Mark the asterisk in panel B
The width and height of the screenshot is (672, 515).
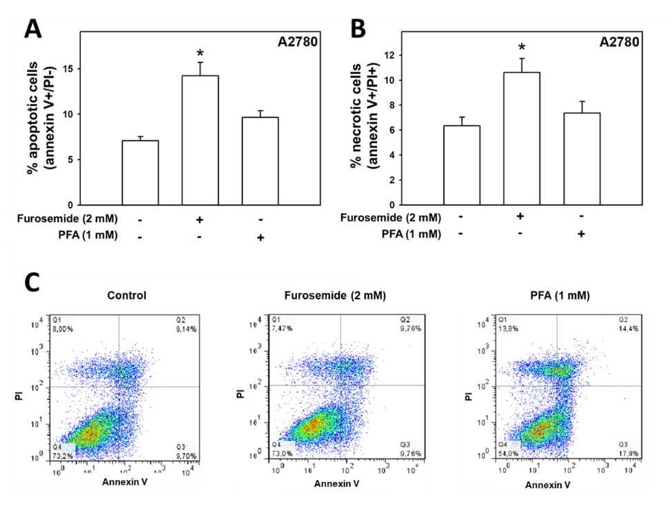pos(522,48)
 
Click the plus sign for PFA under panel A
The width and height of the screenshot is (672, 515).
pos(261,238)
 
